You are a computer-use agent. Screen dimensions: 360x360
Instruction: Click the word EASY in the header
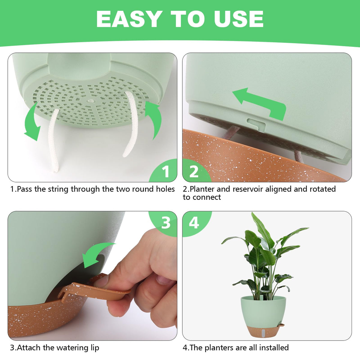click(x=128, y=19)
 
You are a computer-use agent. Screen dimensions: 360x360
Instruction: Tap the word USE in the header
click(x=239, y=19)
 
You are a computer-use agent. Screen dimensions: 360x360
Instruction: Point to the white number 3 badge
click(x=166, y=223)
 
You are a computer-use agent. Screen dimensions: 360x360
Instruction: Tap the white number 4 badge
click(x=194, y=223)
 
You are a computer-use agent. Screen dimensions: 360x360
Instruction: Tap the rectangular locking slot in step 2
click(x=256, y=124)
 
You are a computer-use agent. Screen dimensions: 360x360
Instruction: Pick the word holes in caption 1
click(x=165, y=189)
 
